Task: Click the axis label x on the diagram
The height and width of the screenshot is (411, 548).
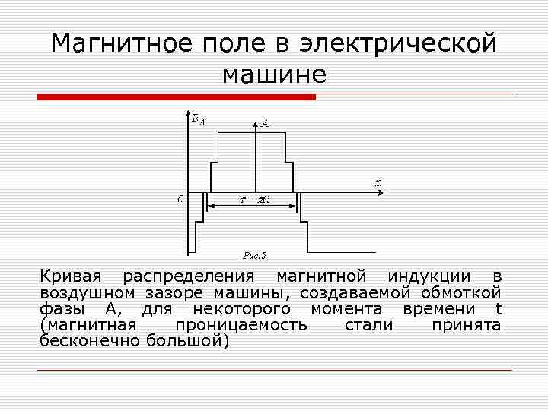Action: tap(377, 183)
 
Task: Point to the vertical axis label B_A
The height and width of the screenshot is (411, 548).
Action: tap(196, 118)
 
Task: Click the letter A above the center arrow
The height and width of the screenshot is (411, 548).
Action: tap(264, 122)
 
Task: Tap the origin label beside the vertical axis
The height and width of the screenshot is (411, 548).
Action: tap(180, 199)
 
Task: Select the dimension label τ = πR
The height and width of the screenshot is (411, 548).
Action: tap(256, 201)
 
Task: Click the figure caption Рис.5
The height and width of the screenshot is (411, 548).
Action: tap(254, 255)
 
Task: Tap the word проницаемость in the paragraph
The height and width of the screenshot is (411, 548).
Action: tap(241, 325)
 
